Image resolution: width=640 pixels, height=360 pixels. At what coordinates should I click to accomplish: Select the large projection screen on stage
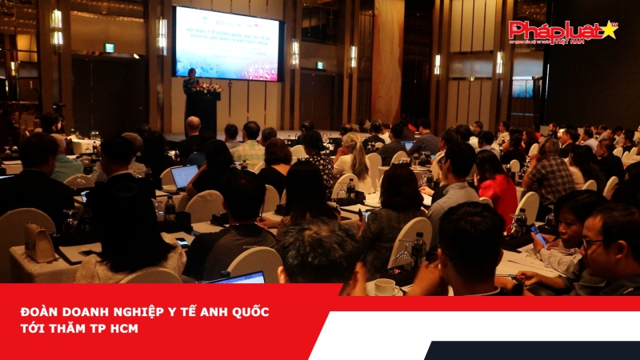click(228, 43)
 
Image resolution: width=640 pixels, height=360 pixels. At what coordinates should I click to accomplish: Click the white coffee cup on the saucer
click(385, 286)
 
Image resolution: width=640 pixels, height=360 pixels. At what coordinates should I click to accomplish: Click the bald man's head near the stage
click(193, 124)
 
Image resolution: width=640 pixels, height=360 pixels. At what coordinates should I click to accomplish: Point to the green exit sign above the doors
click(110, 48)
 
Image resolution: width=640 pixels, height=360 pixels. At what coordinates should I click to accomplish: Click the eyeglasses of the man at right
click(593, 242)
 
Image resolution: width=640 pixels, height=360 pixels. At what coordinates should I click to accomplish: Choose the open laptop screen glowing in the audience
click(184, 175)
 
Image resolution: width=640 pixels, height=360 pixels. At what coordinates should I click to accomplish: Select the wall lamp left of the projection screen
click(162, 34)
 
